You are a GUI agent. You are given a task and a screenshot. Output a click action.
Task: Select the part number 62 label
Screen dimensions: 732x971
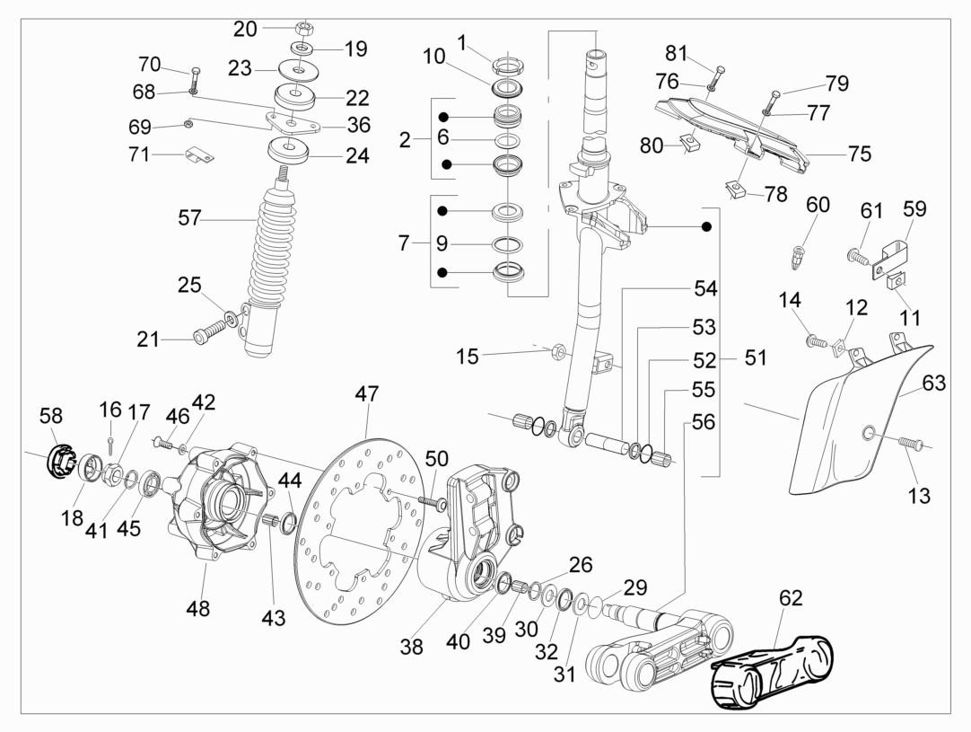tap(791, 597)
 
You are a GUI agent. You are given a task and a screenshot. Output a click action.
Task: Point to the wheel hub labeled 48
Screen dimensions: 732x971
tap(215, 503)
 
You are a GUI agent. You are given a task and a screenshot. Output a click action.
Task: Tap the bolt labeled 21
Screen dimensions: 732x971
tap(207, 337)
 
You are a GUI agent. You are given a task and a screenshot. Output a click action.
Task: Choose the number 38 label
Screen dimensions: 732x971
tap(411, 646)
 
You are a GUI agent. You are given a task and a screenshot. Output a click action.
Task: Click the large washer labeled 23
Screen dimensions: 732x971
tap(295, 68)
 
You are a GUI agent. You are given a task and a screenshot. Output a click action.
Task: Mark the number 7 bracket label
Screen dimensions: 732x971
tap(405, 243)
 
